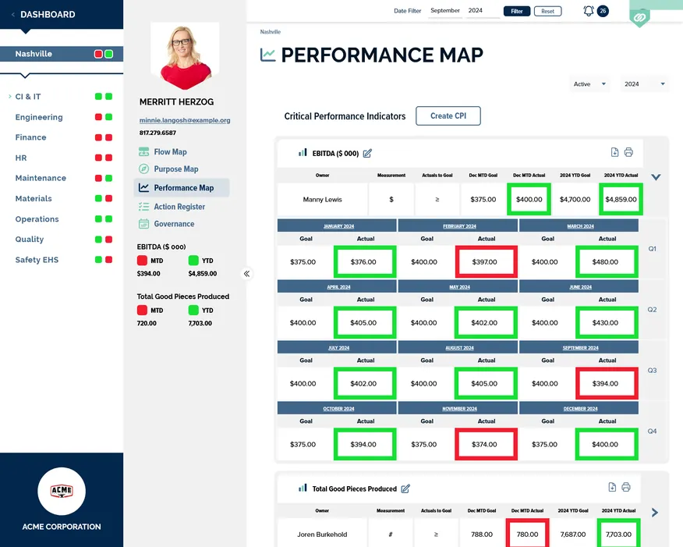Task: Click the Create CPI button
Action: (x=448, y=115)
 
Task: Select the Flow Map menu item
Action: (x=170, y=152)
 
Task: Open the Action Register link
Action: (x=179, y=207)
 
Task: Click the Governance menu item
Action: (x=174, y=224)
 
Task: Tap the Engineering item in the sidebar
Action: (x=39, y=117)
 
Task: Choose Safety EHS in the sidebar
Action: (x=37, y=260)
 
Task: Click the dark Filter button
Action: (x=517, y=11)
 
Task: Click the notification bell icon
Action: (x=589, y=11)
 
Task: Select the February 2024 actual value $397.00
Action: (x=486, y=262)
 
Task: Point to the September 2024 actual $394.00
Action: (x=607, y=384)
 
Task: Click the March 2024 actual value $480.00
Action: (x=607, y=262)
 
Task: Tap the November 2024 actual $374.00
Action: (x=486, y=445)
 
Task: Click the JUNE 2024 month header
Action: (x=580, y=287)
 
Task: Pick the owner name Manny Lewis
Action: (x=323, y=200)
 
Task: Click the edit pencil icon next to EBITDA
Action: (x=367, y=153)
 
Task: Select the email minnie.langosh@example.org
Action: (x=185, y=121)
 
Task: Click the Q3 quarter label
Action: (x=652, y=371)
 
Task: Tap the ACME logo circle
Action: (x=62, y=492)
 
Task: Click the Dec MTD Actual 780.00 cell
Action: (x=527, y=535)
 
